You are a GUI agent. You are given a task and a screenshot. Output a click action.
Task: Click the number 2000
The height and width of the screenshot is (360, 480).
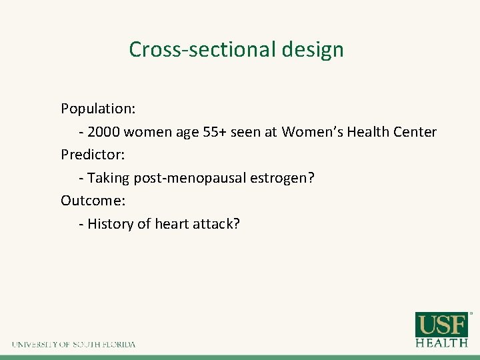(x=104, y=132)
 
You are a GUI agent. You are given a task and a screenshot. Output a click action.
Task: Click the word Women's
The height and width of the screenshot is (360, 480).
(x=310, y=132)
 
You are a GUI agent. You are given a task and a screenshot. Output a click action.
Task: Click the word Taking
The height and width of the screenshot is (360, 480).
(x=109, y=178)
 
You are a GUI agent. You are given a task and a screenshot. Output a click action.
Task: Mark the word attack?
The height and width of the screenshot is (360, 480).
(x=216, y=224)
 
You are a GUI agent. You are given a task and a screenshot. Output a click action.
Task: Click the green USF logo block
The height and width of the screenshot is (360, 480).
(x=442, y=325)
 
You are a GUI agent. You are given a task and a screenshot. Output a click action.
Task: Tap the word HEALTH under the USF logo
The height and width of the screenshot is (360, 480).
(x=442, y=343)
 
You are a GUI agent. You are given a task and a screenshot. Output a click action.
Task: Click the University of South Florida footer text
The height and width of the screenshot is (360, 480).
(x=73, y=345)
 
